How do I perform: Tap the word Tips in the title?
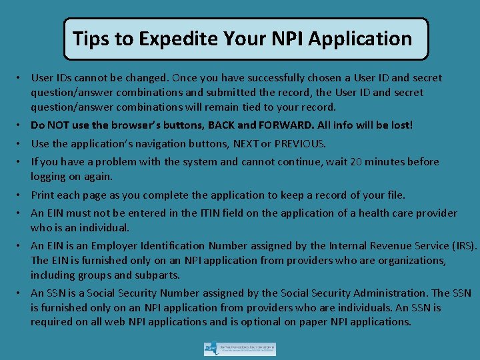pyautogui.click(x=91, y=39)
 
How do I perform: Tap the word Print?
pyautogui.click(x=43, y=195)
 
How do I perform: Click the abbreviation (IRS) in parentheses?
pyautogui.click(x=462, y=246)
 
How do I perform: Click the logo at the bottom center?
pyautogui.click(x=240, y=349)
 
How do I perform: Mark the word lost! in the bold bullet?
pyautogui.click(x=401, y=125)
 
